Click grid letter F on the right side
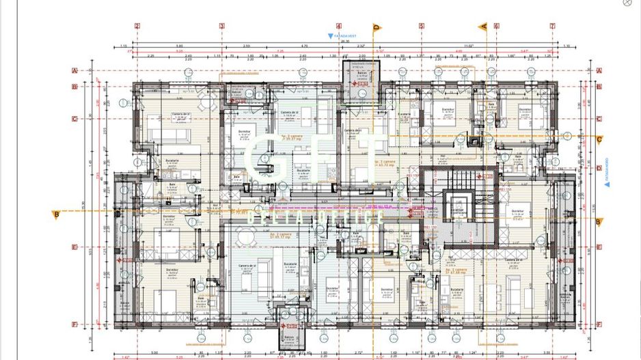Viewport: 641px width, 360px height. tap(599, 324)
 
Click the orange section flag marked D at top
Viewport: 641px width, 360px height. tap(376, 27)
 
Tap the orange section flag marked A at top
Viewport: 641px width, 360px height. tap(483, 27)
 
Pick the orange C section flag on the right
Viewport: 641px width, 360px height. tap(599, 140)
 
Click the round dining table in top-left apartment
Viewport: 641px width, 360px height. tap(208, 105)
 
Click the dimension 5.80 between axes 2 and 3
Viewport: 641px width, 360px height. tap(179, 46)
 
